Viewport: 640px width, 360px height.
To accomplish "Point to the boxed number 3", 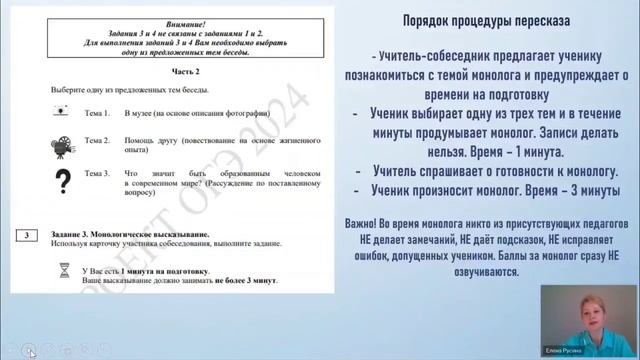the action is [27, 235].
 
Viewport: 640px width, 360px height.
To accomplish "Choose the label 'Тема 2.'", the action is [98, 142].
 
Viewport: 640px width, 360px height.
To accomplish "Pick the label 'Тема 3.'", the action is [98, 174].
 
